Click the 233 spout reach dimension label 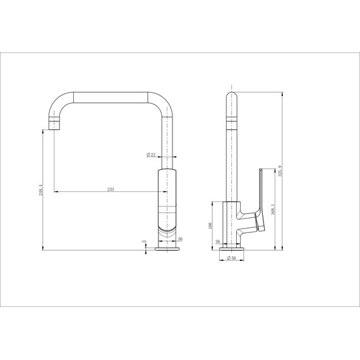point(111,188)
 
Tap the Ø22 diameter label point(152,155)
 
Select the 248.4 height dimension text point(39,189)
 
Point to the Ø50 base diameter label point(231,258)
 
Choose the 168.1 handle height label point(272,208)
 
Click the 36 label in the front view point(180,239)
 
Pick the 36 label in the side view point(218,241)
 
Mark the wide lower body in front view point(167,202)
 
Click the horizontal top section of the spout point(111,95)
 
